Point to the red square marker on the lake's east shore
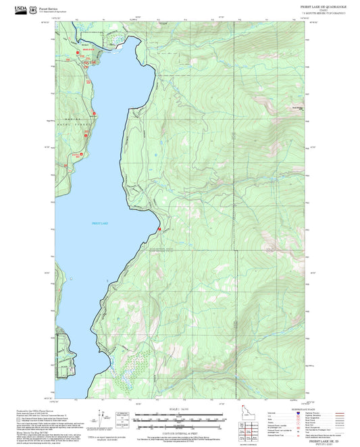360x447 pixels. click(159, 230)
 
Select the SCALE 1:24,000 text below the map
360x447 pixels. click(179, 409)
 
